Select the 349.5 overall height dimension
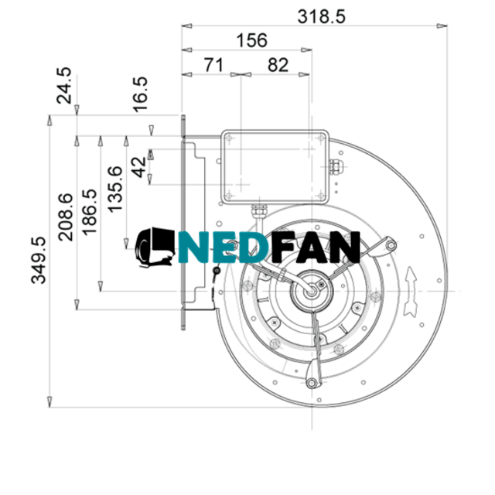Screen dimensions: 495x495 click(x=39, y=260)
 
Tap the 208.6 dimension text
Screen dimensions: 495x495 click(x=67, y=217)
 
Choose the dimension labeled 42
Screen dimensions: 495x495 click(x=139, y=168)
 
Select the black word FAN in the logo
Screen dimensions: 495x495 click(x=316, y=248)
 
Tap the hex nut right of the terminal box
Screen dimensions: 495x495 click(x=335, y=166)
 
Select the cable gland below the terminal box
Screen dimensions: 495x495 click(x=258, y=208)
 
